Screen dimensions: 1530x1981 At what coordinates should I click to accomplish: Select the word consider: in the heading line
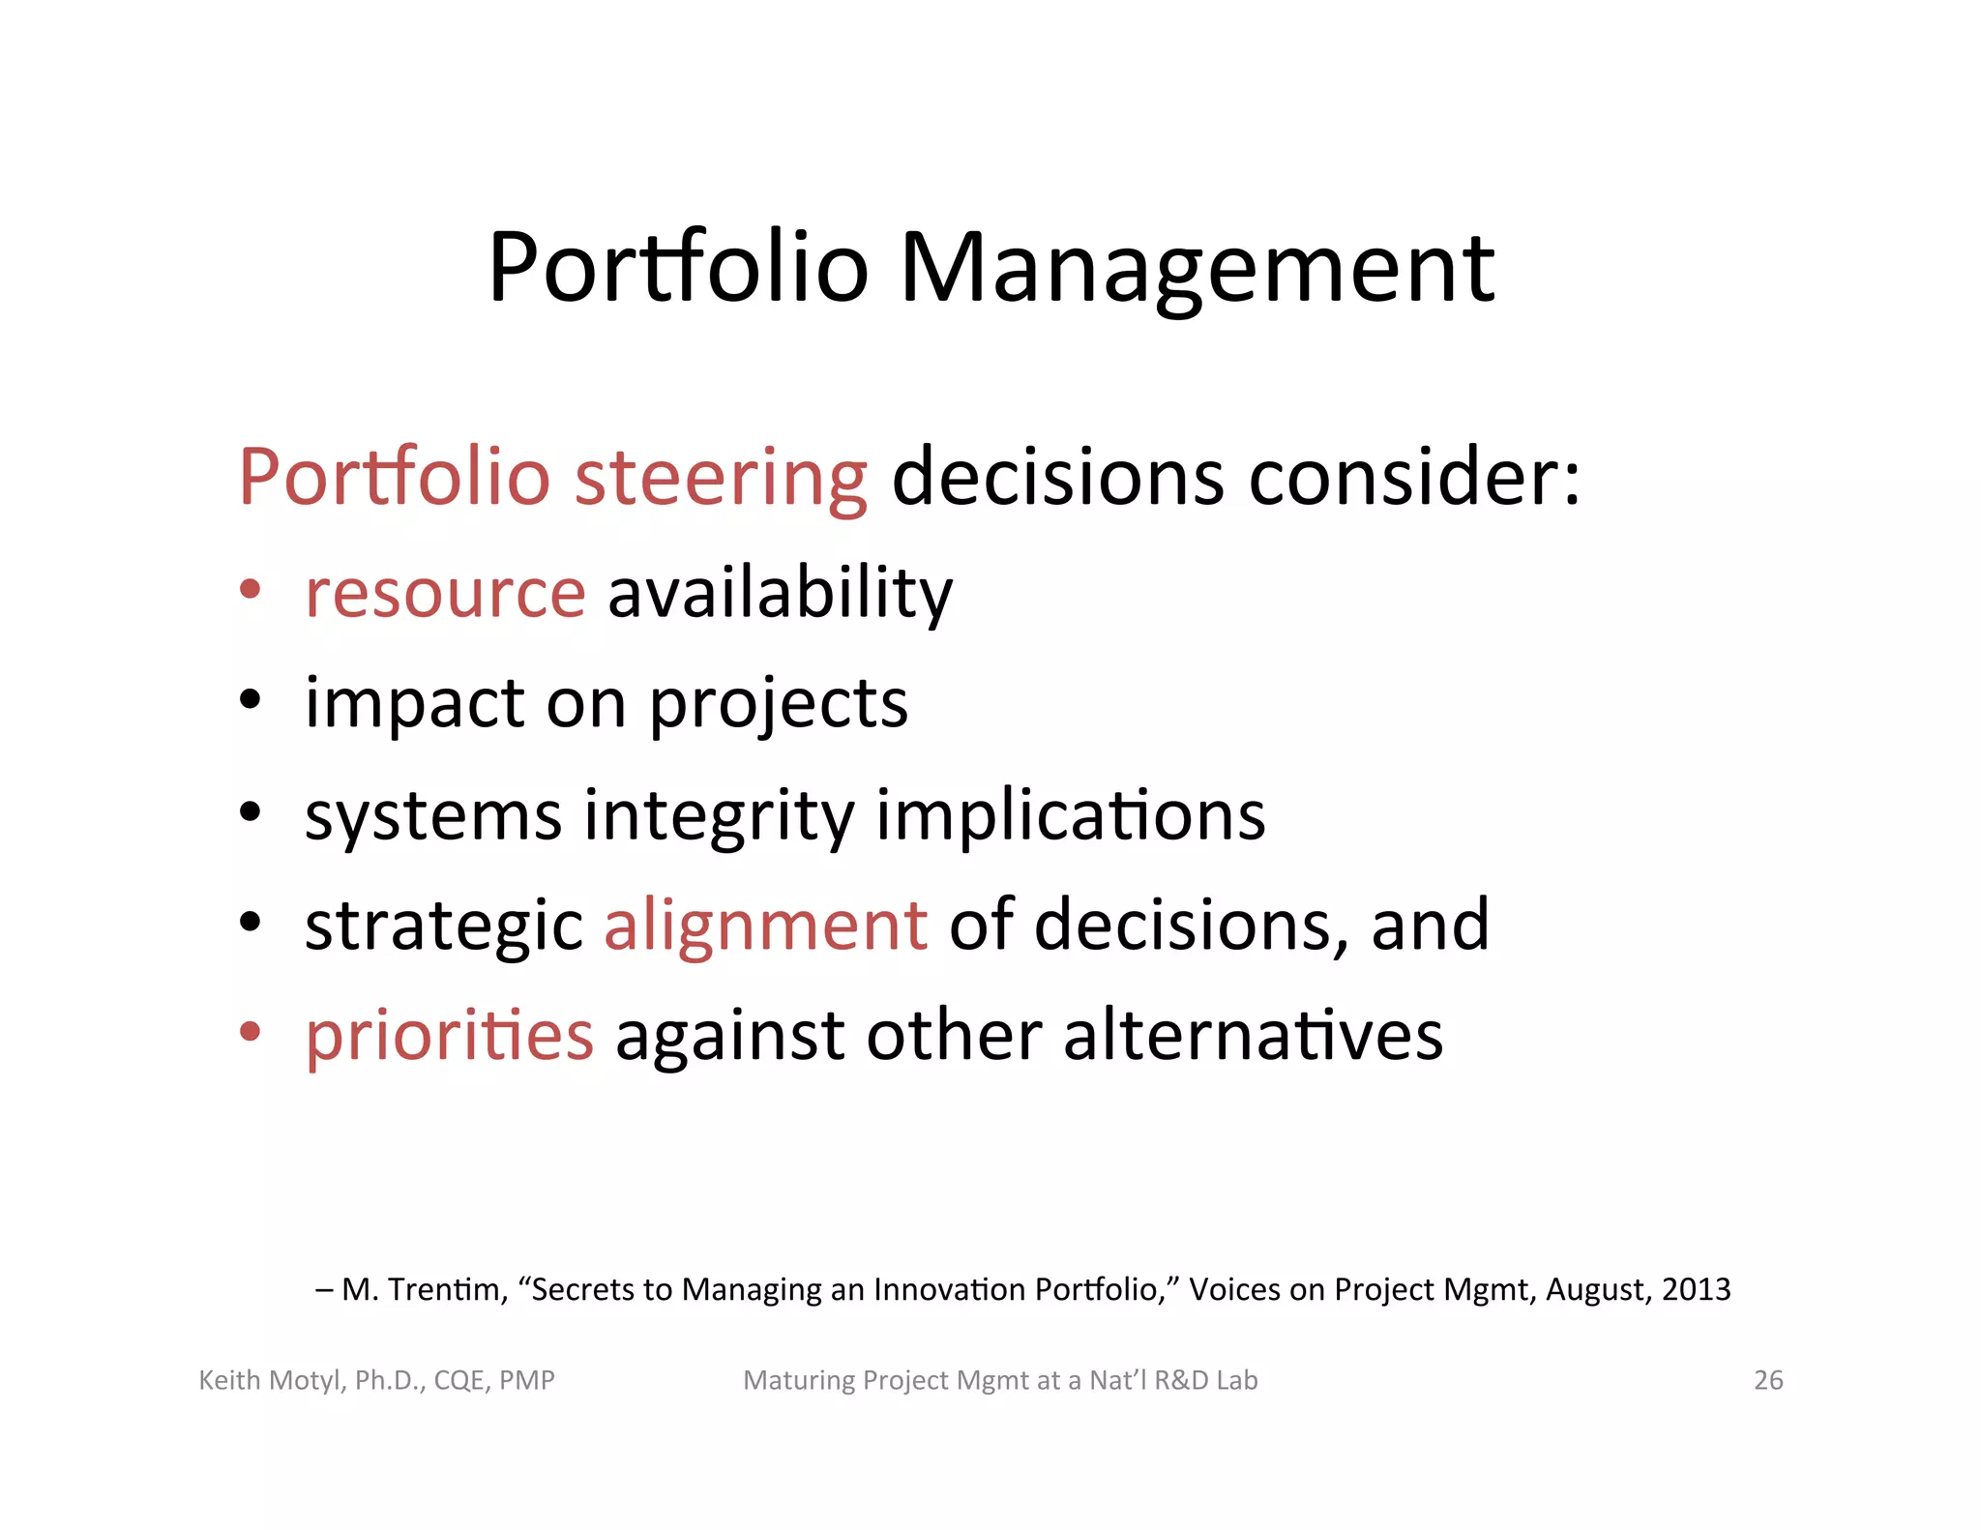coord(1414,477)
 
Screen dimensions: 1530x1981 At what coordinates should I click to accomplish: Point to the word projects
coord(778,704)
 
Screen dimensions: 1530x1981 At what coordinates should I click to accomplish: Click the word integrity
coord(719,815)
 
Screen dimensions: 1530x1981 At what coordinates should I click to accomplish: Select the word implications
coord(1070,815)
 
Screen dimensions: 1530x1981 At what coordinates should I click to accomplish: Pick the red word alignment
coord(766,925)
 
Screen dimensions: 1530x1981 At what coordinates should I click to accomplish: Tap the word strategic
coord(443,925)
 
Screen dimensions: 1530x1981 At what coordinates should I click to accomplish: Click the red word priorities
coord(449,1035)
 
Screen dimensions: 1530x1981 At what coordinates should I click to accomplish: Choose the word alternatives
coord(1253,1035)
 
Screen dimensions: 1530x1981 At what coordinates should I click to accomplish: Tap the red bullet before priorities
coord(251,1031)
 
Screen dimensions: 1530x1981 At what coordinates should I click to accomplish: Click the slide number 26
coord(1767,1380)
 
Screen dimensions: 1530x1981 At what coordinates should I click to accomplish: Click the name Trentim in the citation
coord(448,1289)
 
